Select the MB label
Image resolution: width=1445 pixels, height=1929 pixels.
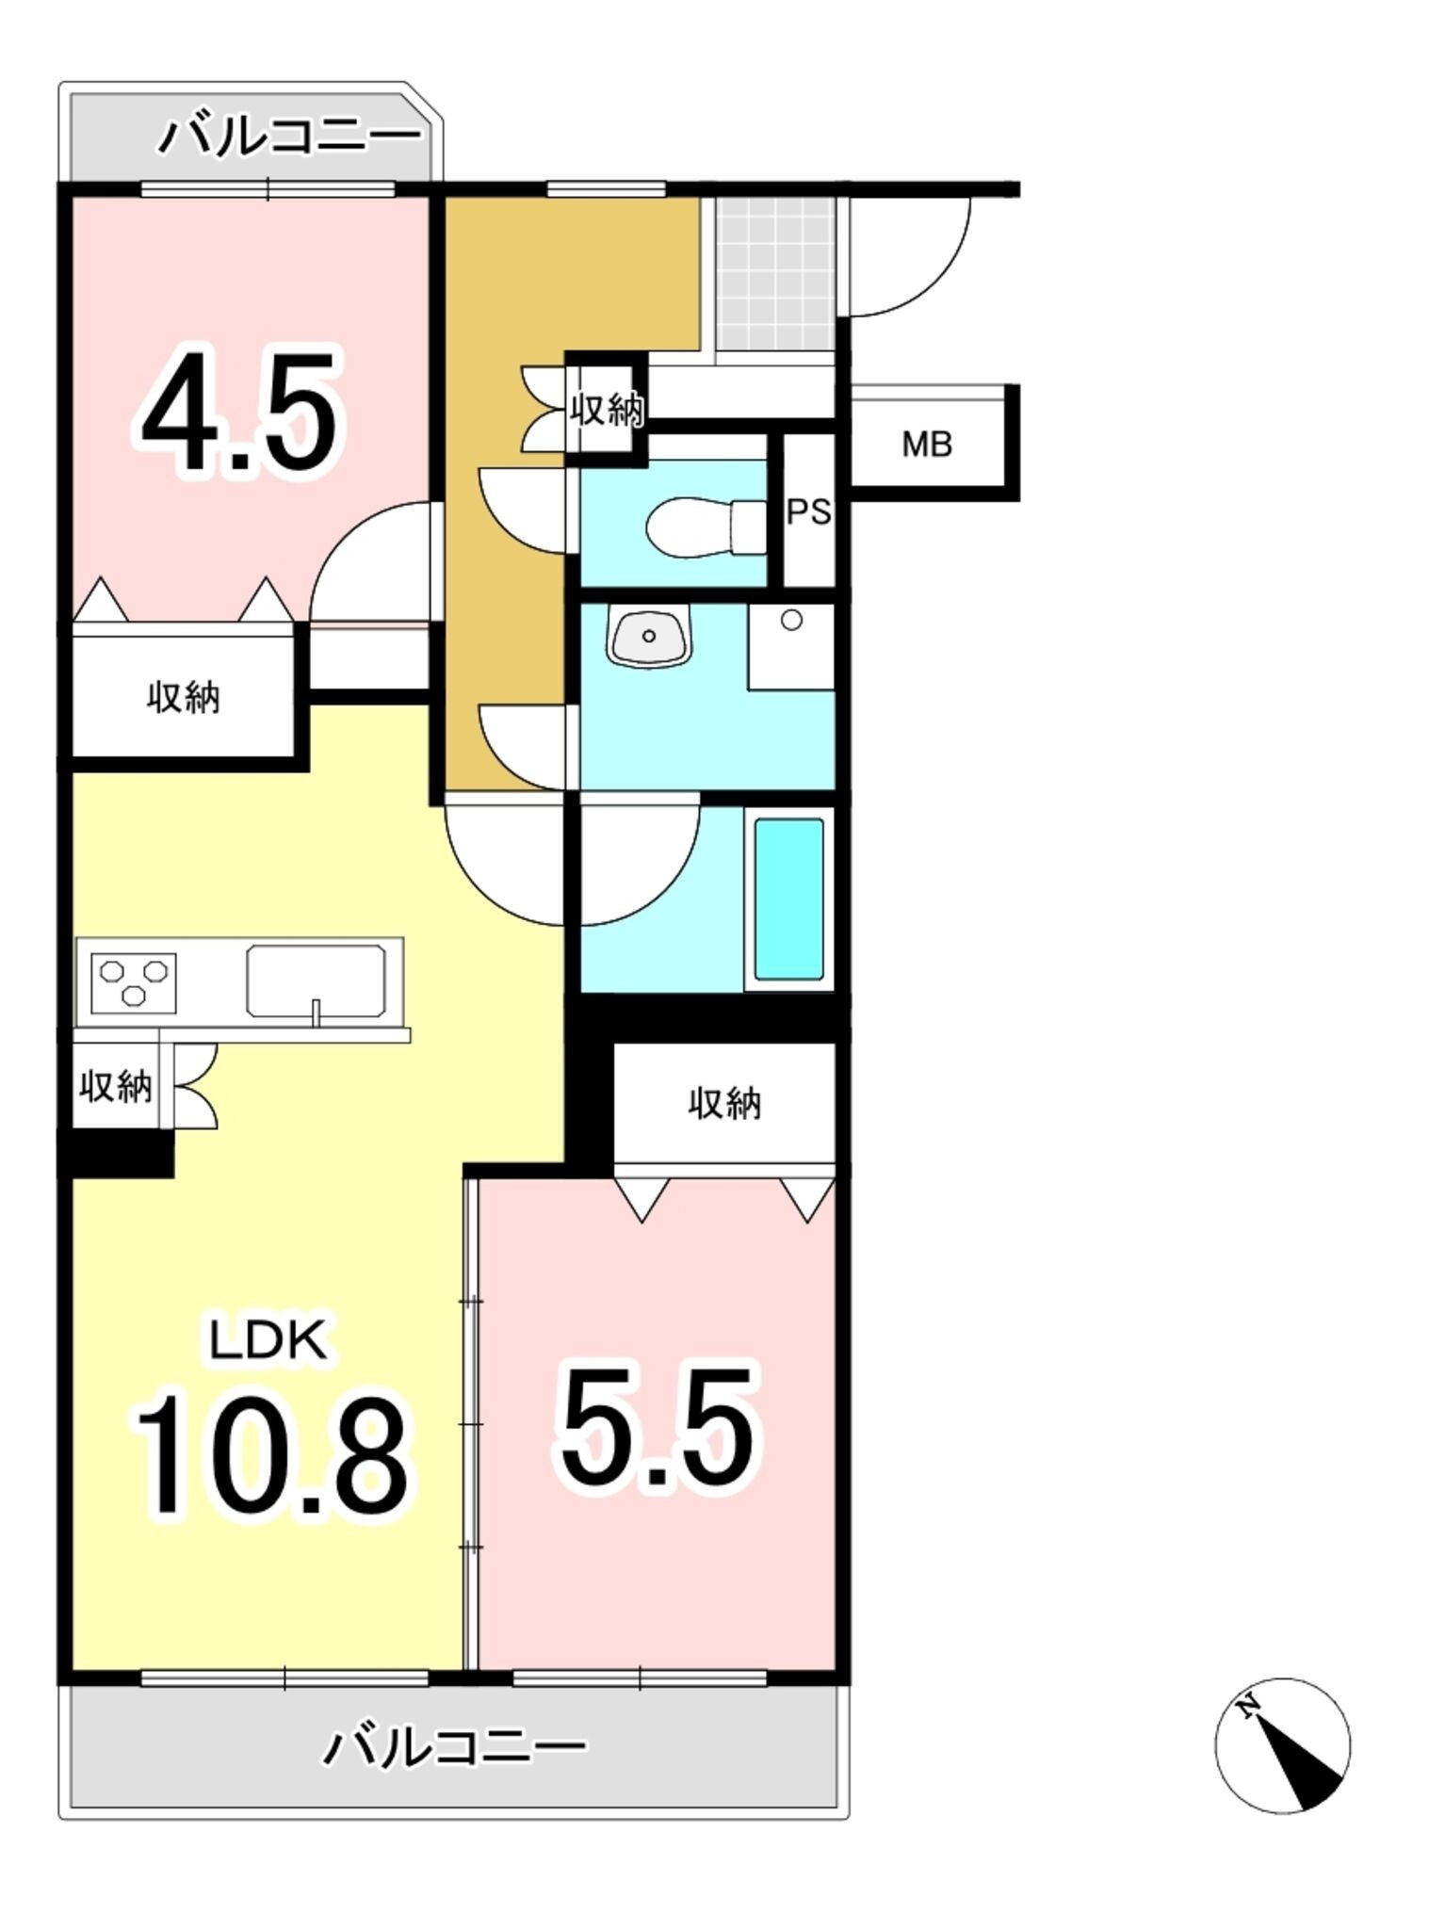927,444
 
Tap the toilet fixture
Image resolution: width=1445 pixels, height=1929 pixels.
706,525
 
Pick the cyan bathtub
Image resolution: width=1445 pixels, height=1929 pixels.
789,899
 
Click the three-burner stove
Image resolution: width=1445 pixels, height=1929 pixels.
134,982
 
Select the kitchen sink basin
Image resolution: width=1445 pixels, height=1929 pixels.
317,981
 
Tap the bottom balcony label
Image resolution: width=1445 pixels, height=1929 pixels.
455,1748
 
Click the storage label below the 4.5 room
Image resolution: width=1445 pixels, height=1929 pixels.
184,698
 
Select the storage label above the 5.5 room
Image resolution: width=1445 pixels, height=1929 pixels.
724,1103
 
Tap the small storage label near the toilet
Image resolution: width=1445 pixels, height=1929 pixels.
608,410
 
